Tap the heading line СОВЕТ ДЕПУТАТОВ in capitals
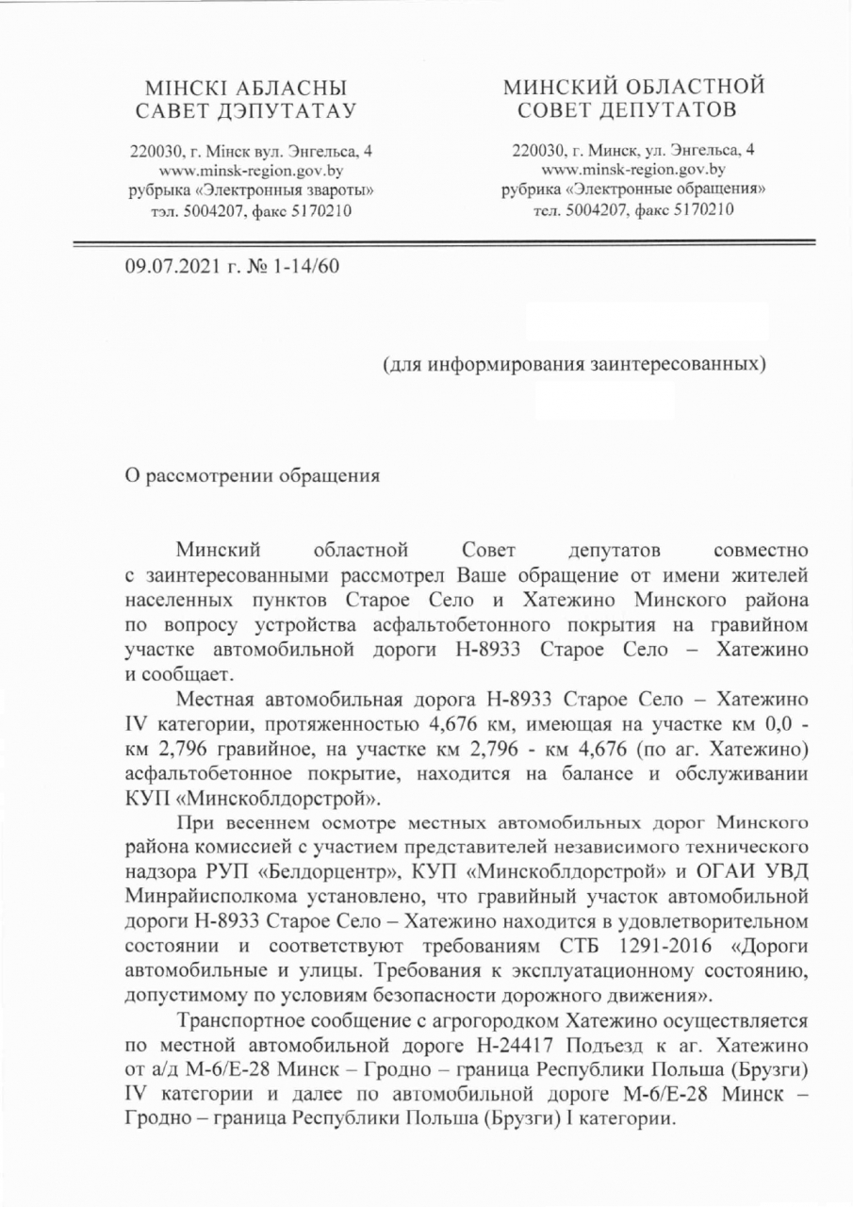(633, 111)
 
